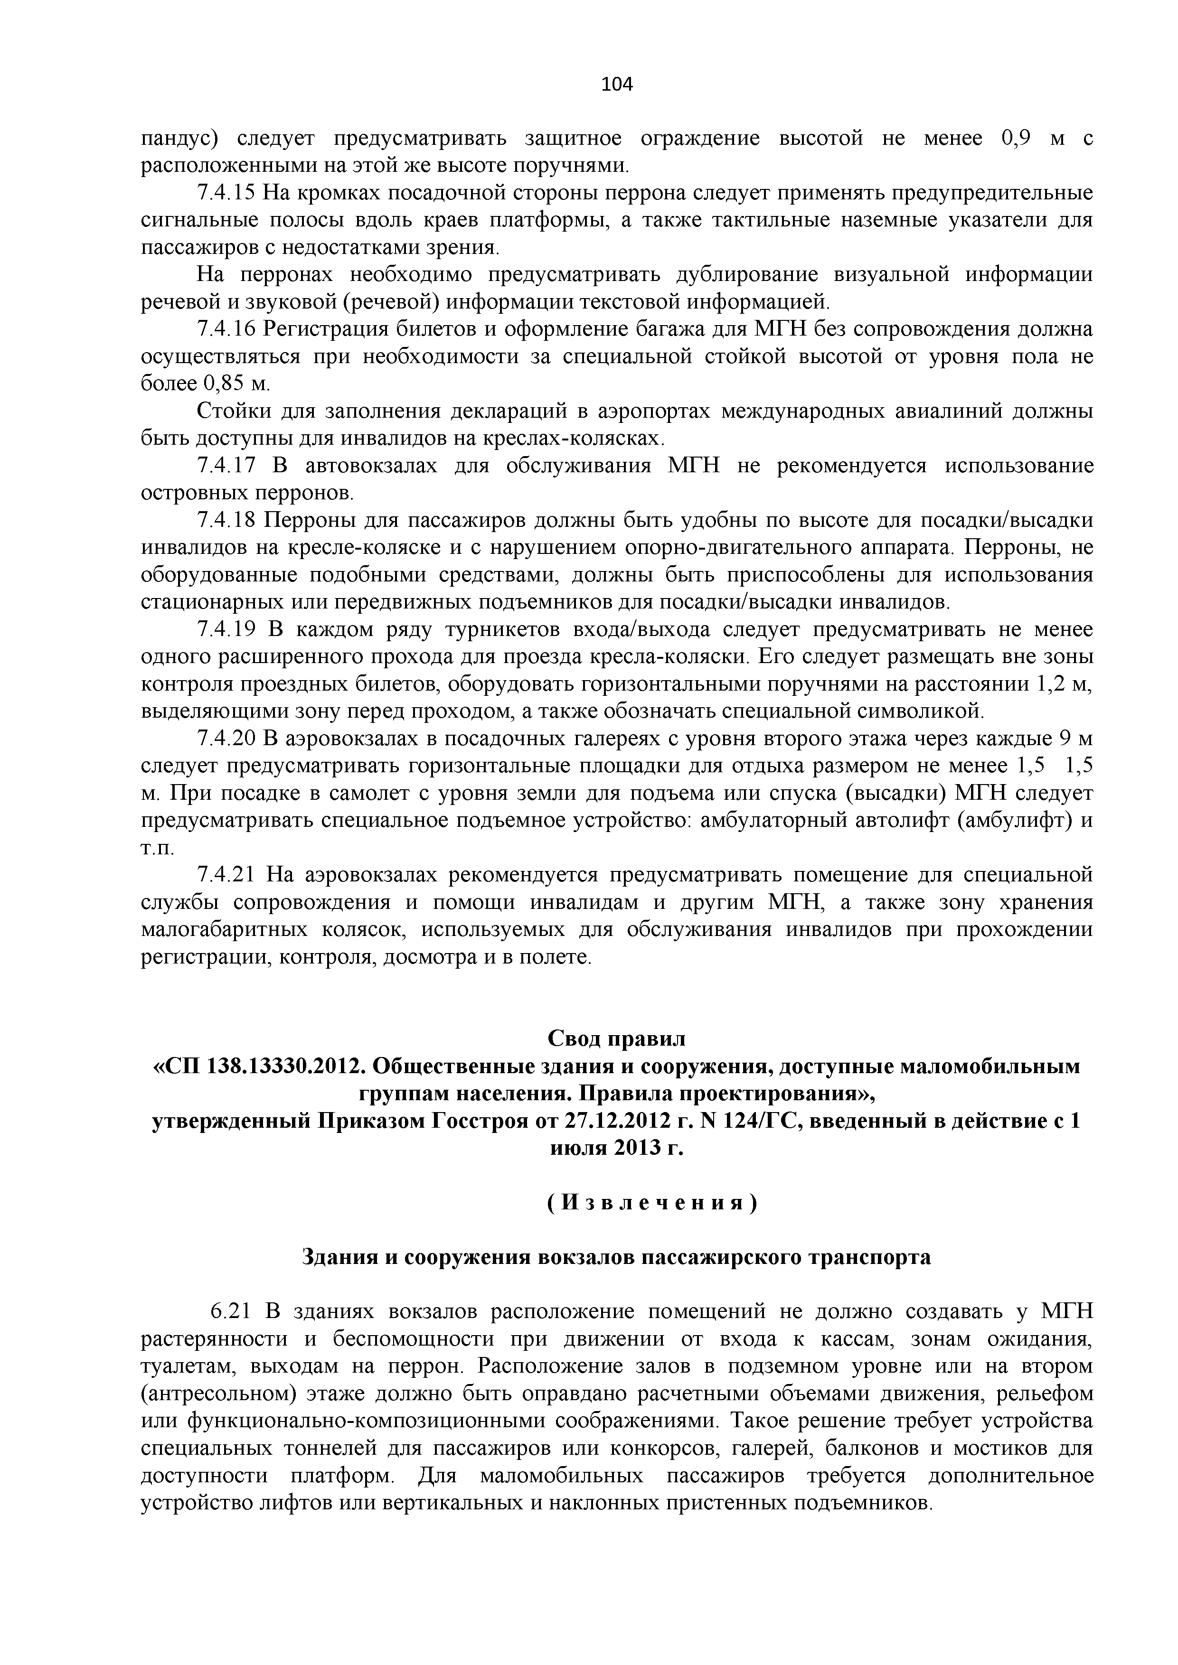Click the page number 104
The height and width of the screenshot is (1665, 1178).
[617, 85]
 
